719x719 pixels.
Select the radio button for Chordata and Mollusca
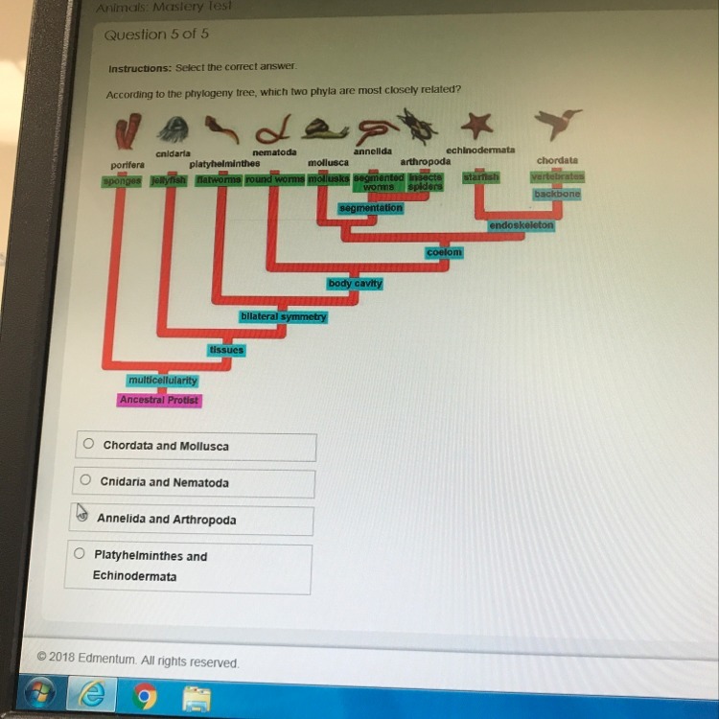point(88,444)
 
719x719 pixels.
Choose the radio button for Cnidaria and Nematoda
point(85,480)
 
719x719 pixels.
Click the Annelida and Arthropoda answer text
point(166,519)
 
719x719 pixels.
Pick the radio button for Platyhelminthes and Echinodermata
point(79,553)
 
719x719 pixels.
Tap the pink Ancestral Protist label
point(159,400)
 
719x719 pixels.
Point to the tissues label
point(226,350)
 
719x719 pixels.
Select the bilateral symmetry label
point(284,316)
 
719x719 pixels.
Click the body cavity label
point(355,284)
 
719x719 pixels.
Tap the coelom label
point(445,252)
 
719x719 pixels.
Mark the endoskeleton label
point(522,225)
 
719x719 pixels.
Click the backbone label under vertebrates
point(556,195)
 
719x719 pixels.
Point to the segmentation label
point(371,208)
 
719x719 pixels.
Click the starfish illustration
point(476,124)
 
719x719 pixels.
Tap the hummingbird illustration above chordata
point(558,123)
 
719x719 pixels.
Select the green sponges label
point(122,180)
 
